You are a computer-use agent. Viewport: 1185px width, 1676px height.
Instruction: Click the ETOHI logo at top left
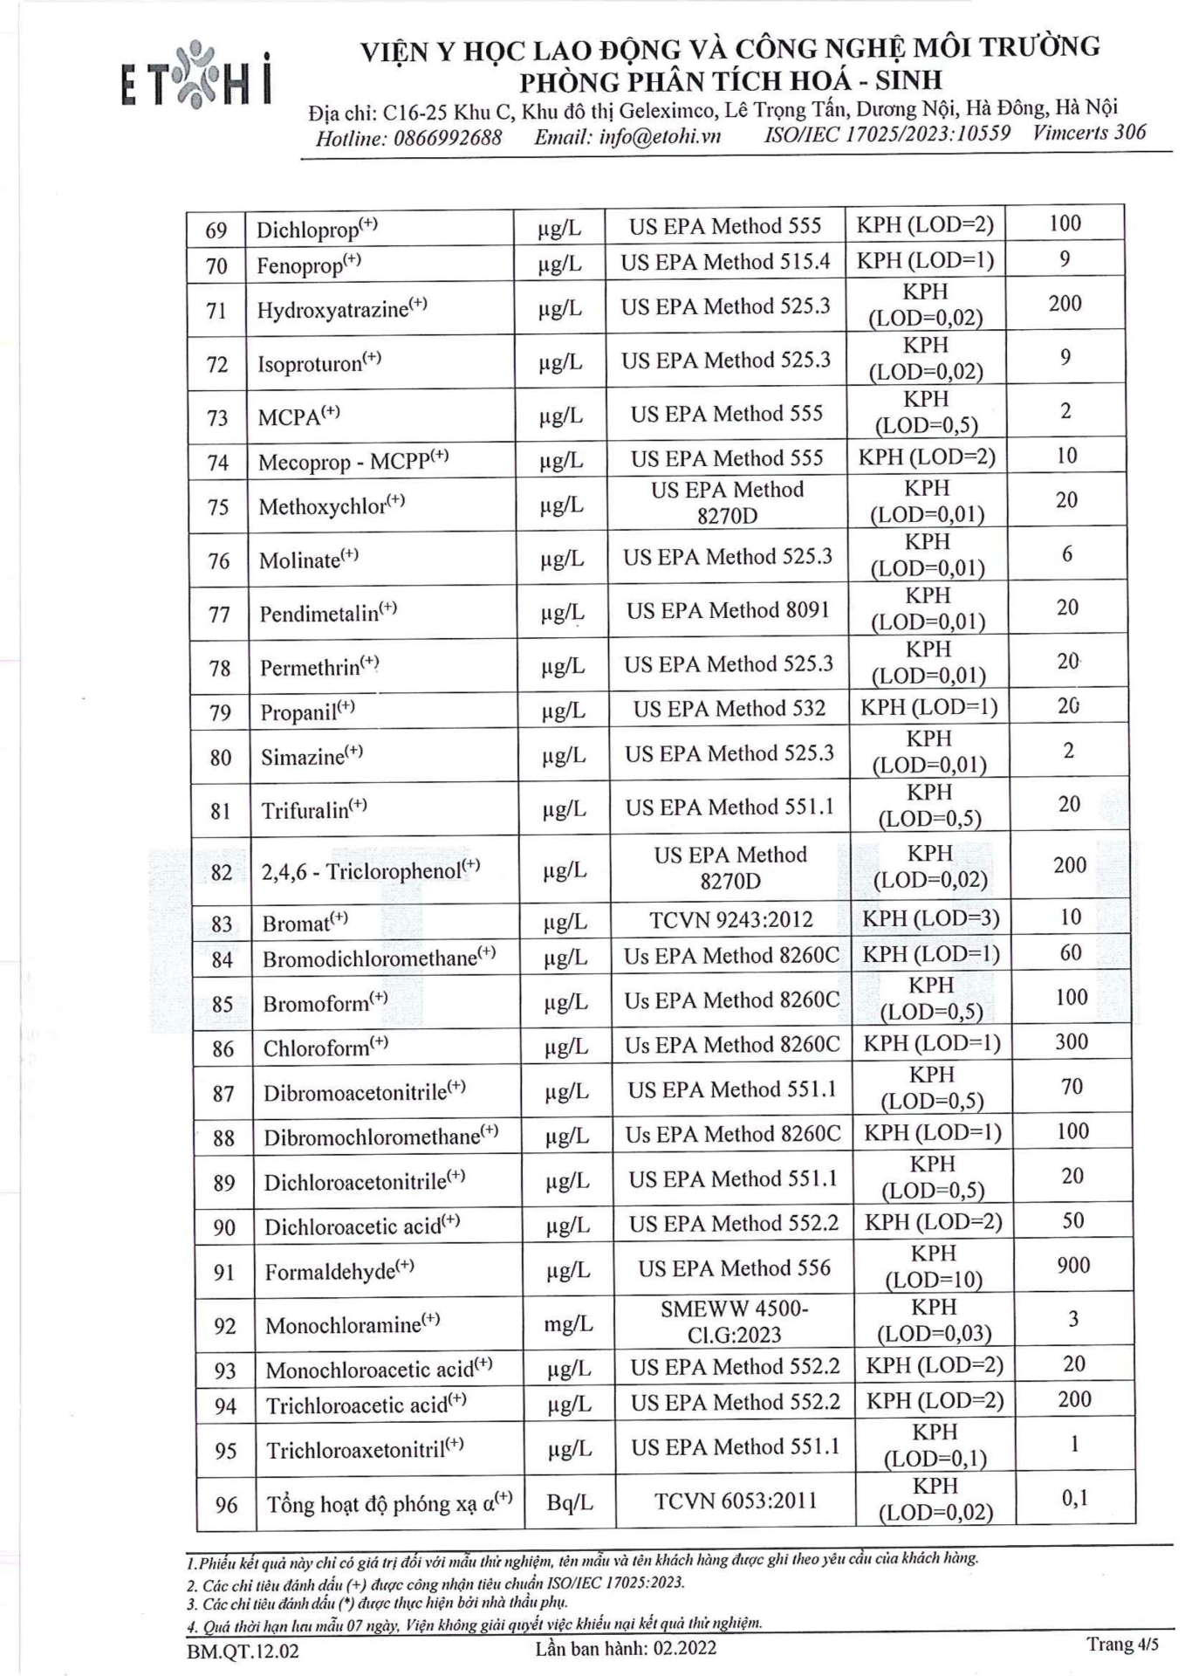click(x=196, y=79)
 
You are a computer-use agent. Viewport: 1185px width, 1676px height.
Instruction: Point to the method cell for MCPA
click(x=726, y=414)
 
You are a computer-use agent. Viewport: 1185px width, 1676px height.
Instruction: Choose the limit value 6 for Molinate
click(x=1066, y=554)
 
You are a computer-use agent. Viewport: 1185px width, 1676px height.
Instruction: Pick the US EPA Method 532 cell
click(x=729, y=709)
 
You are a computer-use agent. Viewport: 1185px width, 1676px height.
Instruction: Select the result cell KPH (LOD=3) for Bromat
click(x=930, y=918)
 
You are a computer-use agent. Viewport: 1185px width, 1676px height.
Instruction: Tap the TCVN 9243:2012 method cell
click(x=730, y=920)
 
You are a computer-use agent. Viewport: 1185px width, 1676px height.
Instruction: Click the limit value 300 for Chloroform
click(x=1071, y=1042)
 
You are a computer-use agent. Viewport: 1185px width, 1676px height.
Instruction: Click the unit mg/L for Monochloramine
click(x=568, y=1324)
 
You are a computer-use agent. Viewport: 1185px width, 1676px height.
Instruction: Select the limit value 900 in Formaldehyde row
click(x=1072, y=1266)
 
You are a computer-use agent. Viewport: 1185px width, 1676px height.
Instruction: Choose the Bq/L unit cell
click(x=569, y=1502)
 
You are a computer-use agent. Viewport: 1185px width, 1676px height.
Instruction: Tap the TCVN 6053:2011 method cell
click(x=735, y=1501)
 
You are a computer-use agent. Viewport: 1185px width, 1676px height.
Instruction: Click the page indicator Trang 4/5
click(x=1122, y=1645)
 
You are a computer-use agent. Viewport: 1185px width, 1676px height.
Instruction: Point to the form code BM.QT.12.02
click(x=242, y=1651)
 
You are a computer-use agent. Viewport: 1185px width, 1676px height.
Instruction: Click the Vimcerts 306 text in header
click(x=1088, y=133)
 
